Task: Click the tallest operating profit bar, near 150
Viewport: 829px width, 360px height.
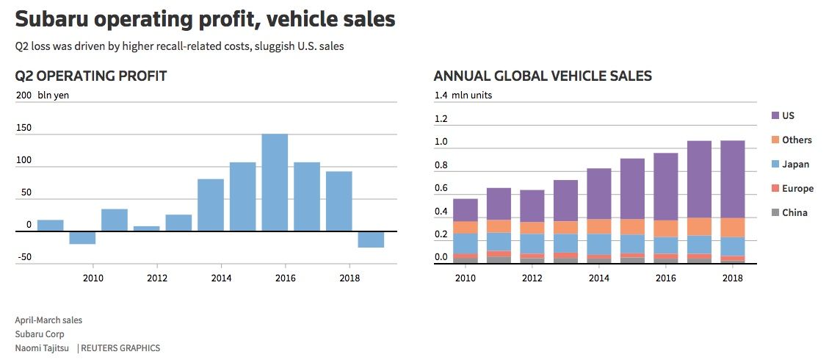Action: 275,182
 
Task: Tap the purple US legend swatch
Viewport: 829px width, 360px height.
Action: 775,115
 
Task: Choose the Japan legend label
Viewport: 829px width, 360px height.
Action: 795,164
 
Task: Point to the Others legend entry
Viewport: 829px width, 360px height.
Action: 797,140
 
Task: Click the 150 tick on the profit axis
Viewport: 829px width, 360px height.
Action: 23,128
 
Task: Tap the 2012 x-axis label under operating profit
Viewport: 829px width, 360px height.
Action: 156,278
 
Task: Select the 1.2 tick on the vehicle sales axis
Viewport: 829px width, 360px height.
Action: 441,119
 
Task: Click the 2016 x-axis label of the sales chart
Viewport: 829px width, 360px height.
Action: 665,278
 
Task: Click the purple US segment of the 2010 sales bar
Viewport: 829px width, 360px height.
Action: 465,210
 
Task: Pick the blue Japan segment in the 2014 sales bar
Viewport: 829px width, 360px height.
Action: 598,244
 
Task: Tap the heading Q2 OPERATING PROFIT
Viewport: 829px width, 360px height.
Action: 91,76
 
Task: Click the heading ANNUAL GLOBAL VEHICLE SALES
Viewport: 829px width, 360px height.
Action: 543,76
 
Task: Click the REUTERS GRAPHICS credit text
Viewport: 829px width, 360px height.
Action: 121,348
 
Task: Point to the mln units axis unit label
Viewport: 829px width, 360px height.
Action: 472,95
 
